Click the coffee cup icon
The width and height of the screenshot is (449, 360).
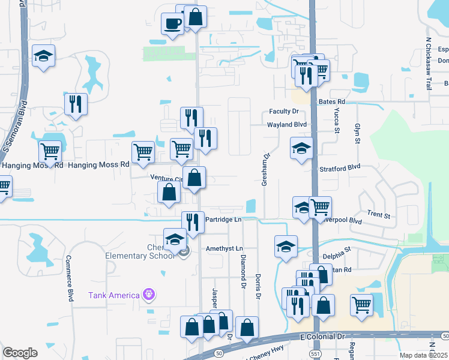172,24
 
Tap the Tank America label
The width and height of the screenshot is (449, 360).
114,295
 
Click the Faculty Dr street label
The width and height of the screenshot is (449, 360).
284,112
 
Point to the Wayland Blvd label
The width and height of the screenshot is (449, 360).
287,125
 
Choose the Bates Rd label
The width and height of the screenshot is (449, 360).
332,103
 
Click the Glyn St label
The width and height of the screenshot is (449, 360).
357,131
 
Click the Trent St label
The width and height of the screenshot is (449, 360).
379,215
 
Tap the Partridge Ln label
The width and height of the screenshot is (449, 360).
223,220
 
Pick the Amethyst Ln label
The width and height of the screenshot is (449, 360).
224,248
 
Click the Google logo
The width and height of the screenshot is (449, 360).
20,353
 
